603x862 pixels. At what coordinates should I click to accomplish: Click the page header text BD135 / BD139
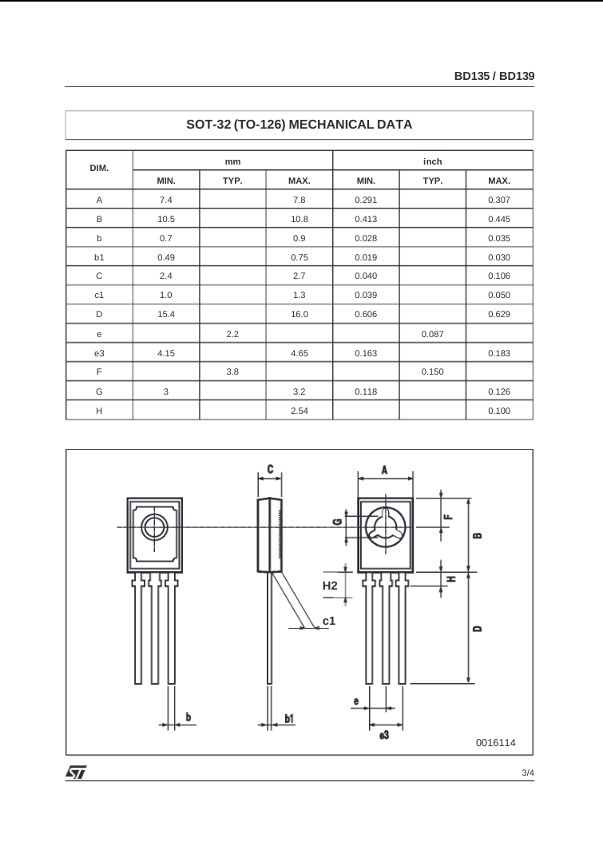coord(494,76)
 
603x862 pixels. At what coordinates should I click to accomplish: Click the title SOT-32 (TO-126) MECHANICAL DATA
coord(299,125)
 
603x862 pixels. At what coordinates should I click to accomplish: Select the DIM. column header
coord(99,169)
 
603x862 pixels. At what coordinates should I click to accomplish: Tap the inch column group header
coord(432,161)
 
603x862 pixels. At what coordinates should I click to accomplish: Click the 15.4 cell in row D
coord(166,315)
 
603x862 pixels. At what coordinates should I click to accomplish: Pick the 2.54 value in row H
coord(299,411)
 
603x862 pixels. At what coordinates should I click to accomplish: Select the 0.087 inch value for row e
coord(432,334)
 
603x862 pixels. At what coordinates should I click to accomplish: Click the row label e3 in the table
coord(99,353)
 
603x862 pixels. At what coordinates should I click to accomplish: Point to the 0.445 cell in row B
coord(498,219)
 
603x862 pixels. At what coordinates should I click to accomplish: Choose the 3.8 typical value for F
coord(232,372)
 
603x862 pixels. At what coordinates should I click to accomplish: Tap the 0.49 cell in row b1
coord(166,257)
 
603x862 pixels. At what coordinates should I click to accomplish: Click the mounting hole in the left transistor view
coord(154,527)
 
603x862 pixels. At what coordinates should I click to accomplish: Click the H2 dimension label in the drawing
coord(330,586)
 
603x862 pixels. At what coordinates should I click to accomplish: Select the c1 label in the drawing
coord(329,620)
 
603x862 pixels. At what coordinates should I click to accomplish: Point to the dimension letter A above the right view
coord(385,470)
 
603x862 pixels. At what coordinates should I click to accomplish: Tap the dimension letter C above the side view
coord(271,470)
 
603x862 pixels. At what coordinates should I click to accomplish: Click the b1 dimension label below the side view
coord(289,719)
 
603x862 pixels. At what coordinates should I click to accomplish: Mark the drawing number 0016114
coord(495,743)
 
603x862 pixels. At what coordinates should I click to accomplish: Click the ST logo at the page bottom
coord(76,773)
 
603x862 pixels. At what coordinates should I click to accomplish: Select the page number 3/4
coord(527,773)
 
